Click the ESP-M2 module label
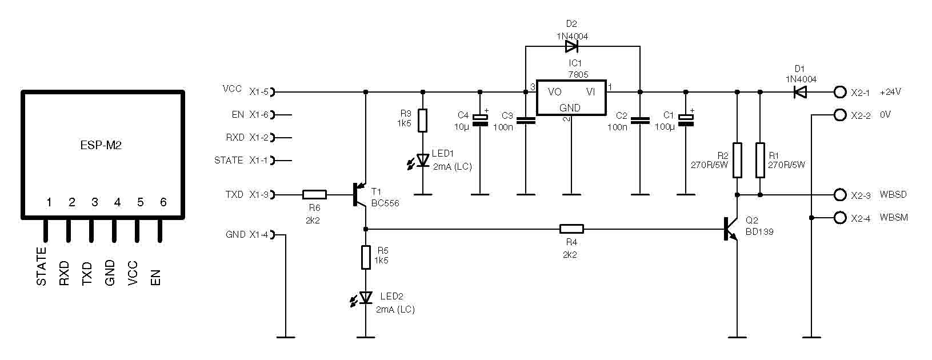click(101, 145)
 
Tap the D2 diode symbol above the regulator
click(571, 47)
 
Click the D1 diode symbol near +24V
click(799, 92)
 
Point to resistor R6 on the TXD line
click(314, 194)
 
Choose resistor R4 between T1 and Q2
click(571, 229)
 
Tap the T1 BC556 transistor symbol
click(359, 194)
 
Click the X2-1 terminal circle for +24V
click(840, 92)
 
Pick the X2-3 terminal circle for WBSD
click(840, 194)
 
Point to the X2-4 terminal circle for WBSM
click(840, 217)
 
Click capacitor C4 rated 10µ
click(480, 120)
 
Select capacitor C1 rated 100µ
click(686, 120)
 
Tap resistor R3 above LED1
click(423, 120)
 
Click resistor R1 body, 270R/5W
click(760, 160)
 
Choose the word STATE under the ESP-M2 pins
click(41, 266)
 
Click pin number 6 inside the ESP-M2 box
click(163, 202)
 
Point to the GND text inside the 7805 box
click(570, 108)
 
